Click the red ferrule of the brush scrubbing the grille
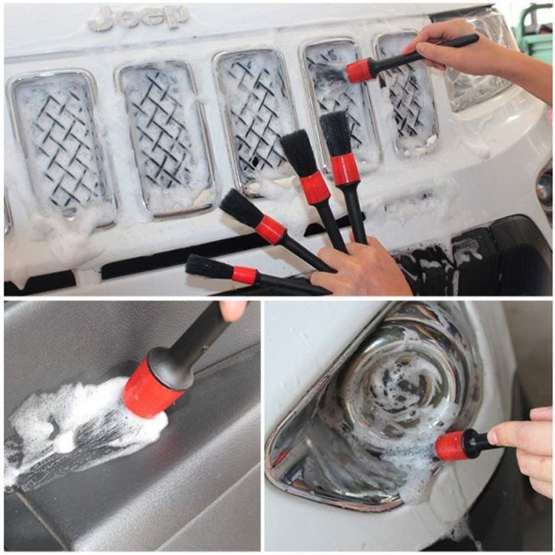[x=359, y=71]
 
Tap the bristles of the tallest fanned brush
[x=336, y=134]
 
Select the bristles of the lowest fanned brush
[x=209, y=268]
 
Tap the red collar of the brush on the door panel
[x=151, y=388]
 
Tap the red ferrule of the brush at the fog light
[x=450, y=445]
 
